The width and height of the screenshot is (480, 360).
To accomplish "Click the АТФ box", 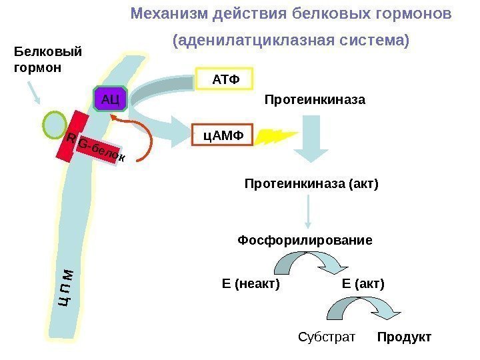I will [x=225, y=80].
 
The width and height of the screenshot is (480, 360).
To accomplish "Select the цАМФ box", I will [x=223, y=137].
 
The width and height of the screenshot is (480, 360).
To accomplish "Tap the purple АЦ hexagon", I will [x=110, y=100].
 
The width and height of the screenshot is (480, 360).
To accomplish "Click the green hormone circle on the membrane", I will [x=53, y=123].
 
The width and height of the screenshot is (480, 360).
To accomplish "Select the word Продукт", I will [x=404, y=337].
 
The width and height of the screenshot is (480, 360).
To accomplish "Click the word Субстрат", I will [x=326, y=337].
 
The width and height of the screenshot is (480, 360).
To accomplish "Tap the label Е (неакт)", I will [x=251, y=284].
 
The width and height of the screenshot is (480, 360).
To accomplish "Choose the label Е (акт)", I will [x=363, y=284].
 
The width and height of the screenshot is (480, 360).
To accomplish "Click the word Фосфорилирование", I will [x=305, y=240].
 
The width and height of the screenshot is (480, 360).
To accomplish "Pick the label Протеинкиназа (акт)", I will [x=311, y=183].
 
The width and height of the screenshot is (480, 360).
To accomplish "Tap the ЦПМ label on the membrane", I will [x=66, y=287].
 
